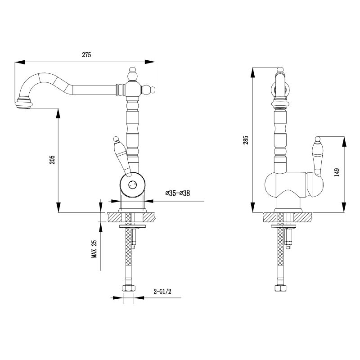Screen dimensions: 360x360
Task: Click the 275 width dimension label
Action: [86, 55]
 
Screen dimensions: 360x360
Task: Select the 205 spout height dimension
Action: [52, 160]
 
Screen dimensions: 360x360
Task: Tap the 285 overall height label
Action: [246, 140]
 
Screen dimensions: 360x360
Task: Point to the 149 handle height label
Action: [337, 172]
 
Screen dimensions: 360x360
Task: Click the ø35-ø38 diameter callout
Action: [178, 193]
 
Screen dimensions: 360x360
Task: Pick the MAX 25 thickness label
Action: [94, 249]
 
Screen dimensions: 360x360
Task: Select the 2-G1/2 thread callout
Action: [162, 292]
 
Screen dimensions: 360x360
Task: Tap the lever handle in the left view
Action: [121, 157]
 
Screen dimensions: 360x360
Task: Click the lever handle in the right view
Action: [318, 157]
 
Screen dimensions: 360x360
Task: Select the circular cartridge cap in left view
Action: [132, 184]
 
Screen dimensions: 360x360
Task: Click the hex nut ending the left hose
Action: [128, 288]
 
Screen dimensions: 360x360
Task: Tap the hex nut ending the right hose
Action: [281, 288]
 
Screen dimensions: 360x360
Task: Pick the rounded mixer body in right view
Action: [294, 184]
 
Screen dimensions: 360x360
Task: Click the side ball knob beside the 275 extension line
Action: [148, 90]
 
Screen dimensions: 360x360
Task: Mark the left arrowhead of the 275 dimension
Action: [20, 62]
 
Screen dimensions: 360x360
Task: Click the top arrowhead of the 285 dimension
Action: [252, 72]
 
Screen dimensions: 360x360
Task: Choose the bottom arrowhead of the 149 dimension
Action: [344, 207]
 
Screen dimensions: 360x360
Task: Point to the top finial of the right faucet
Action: [280, 70]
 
